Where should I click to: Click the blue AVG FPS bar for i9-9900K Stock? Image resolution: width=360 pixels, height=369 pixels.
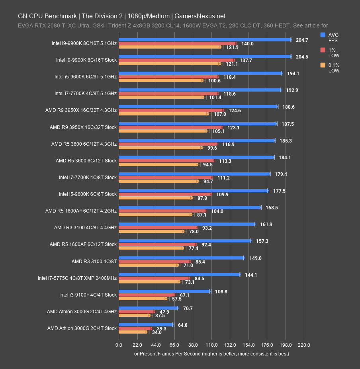coord(205,57)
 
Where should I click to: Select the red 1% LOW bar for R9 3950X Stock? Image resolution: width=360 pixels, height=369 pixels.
coord(170,127)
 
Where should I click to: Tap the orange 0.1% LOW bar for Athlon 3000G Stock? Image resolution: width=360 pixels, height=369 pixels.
coord(133,332)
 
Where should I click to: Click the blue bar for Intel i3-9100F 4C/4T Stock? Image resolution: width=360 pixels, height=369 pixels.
coord(164,291)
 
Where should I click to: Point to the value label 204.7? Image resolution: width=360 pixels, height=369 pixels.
coord(302,40)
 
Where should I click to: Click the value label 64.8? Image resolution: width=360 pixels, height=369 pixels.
coord(183,325)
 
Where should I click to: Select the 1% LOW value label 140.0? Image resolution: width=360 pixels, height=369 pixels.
coord(247,44)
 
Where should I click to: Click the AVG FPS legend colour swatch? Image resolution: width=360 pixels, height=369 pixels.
coord(323,35)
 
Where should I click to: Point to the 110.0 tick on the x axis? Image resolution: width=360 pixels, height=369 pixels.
coord(211,345)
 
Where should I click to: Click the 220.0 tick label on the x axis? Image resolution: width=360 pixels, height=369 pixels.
coord(304,345)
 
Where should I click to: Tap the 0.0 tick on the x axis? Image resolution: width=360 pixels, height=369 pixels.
coord(119,345)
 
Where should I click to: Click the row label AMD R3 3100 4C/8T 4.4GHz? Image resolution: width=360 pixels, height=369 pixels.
coord(85,228)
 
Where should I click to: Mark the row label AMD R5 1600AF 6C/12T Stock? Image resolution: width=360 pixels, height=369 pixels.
coord(83,244)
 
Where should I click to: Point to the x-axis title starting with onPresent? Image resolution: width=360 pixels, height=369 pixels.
coord(211,353)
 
